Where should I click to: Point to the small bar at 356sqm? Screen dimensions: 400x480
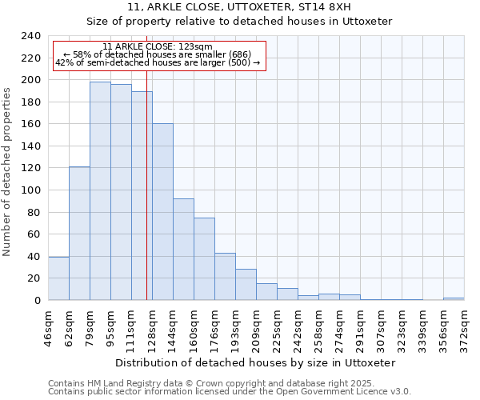[x=454, y=298]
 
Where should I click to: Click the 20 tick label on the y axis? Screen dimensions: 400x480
[x=34, y=278]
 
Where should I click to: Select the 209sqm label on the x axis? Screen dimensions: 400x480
[x=256, y=326]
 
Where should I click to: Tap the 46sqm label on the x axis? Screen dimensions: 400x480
[x=48, y=326]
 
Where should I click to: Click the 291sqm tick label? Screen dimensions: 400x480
[x=360, y=326]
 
